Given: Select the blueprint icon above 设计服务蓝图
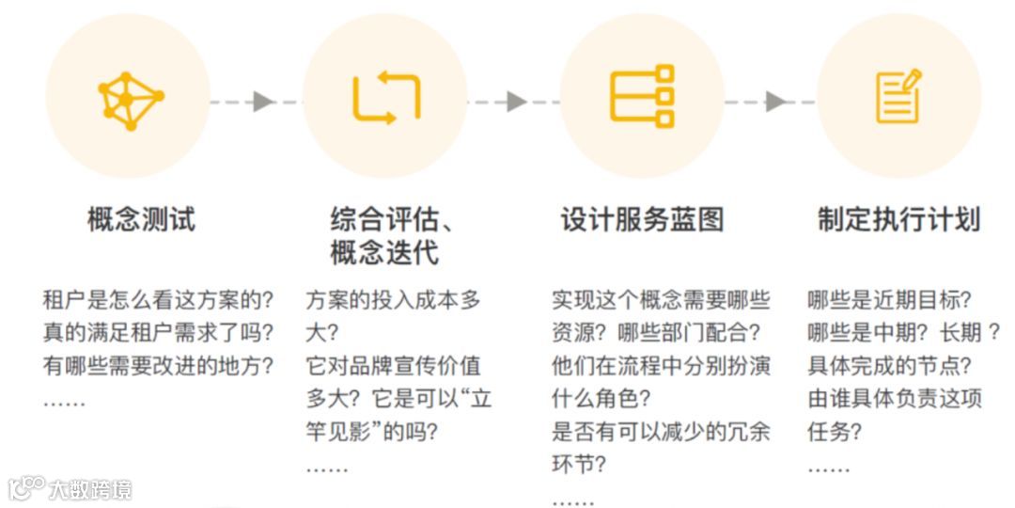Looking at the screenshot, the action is [x=642, y=97].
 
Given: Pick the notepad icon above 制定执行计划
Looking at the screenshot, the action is [x=898, y=97].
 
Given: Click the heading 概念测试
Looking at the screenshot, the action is [x=141, y=220].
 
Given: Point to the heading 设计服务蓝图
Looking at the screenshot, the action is [x=643, y=220].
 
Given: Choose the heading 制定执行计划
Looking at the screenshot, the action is [x=898, y=220].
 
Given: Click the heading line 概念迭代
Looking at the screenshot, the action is [x=384, y=253].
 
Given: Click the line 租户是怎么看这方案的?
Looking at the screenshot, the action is [x=158, y=301].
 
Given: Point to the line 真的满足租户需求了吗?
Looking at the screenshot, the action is [x=158, y=333].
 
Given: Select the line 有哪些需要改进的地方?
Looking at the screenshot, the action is [x=158, y=366].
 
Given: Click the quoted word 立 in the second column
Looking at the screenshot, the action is [x=480, y=399].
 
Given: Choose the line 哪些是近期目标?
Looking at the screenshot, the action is [x=889, y=301].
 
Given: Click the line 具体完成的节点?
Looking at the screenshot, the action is [x=889, y=366].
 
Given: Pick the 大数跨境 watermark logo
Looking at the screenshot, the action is [x=70, y=489].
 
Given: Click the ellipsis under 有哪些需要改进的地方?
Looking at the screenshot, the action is [x=64, y=402].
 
